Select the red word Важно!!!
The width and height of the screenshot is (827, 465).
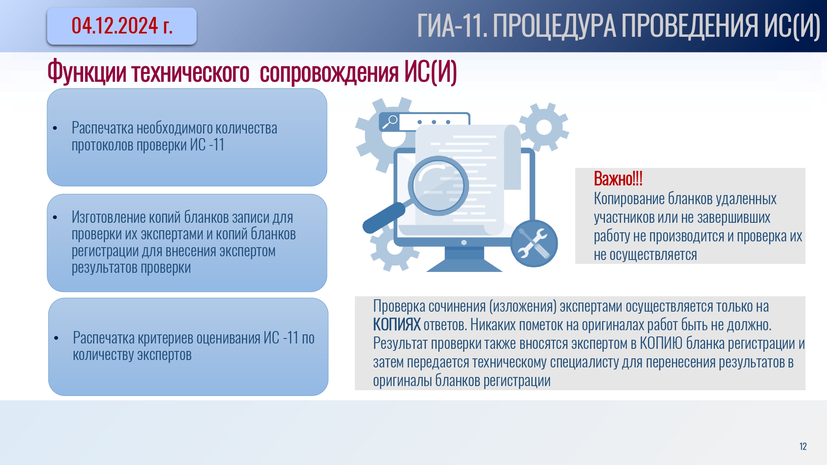(618, 179)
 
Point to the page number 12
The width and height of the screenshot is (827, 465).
(803, 446)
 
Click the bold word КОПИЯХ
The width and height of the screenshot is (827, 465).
(397, 325)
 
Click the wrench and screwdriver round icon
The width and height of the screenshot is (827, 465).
(534, 243)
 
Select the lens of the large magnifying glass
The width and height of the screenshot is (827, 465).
(438, 186)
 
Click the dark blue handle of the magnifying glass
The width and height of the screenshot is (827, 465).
(383, 218)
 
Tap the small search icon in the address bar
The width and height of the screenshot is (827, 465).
(390, 122)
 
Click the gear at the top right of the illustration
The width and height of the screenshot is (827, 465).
(544, 127)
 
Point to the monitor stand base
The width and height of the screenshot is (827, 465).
(464, 265)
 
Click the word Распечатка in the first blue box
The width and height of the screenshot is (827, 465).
(103, 128)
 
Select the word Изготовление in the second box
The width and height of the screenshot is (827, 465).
(109, 217)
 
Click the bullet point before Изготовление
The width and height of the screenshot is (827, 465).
(55, 217)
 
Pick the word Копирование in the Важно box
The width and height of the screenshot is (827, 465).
(629, 199)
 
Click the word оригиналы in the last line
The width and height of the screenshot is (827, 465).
(402, 381)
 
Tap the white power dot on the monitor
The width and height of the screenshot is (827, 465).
(464, 243)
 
